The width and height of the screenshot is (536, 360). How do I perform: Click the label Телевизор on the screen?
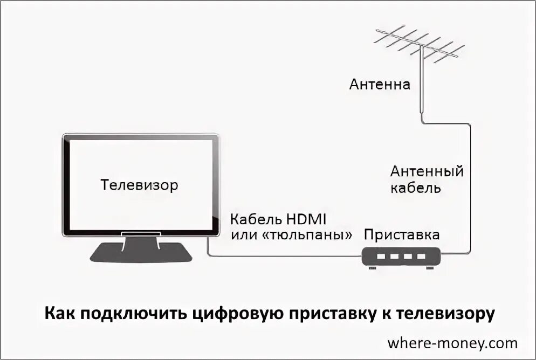139,185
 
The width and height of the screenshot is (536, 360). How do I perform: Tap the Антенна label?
380,85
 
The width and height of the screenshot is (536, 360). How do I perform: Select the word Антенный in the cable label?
427,172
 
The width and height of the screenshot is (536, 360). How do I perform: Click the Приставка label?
401,235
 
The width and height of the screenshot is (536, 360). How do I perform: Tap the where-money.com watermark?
452,343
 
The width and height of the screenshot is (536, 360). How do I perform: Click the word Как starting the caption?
60,313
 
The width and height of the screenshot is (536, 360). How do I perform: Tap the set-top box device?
402,258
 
